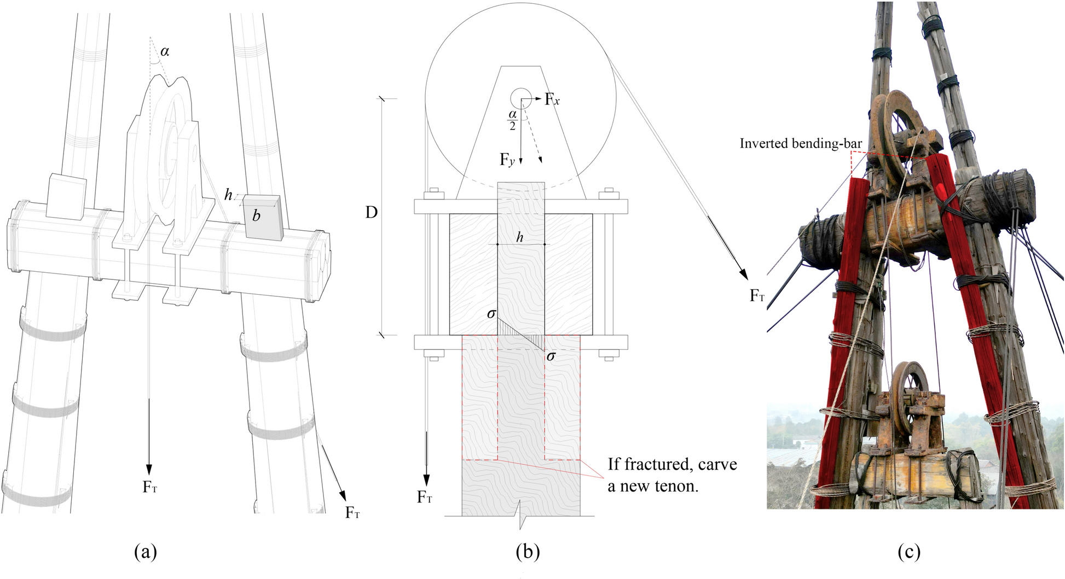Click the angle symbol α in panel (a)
coord(164,51)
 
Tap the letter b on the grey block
coord(256,215)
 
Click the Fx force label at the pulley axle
coord(552,100)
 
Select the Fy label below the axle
coord(507,160)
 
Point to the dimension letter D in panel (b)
coord(372,212)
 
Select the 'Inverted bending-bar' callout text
coord(801,143)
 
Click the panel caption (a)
coord(146,552)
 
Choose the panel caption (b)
coord(528,552)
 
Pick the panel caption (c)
coord(909,552)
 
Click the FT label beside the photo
coord(757,296)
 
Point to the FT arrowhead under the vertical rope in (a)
coord(148,469)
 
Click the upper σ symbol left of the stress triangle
coord(491,314)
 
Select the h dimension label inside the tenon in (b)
coord(520,237)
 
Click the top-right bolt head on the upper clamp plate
coord(606,192)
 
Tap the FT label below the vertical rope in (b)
coord(425,497)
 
